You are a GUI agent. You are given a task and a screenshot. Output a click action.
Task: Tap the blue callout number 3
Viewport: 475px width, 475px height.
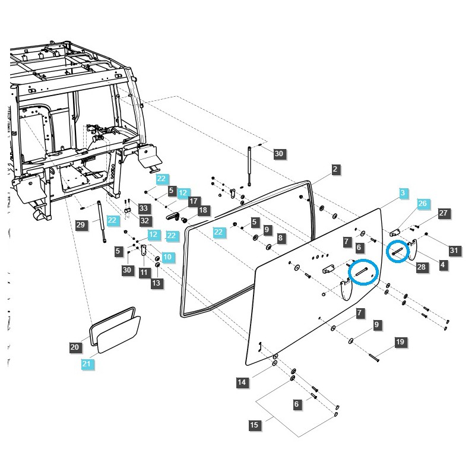(x=403, y=193)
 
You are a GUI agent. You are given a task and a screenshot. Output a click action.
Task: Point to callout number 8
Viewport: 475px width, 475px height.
(x=281, y=238)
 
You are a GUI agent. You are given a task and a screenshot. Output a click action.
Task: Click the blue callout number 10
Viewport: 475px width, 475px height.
(x=167, y=256)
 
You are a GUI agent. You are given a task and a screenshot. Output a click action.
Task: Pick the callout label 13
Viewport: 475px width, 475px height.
(x=156, y=283)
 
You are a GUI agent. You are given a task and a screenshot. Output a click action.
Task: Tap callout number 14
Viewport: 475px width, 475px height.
(x=242, y=383)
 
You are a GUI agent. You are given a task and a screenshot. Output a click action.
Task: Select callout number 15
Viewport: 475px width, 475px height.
(x=254, y=425)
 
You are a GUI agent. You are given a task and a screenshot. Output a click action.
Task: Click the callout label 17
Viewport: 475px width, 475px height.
(x=193, y=201)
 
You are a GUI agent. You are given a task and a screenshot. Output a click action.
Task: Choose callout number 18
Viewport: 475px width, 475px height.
(x=203, y=210)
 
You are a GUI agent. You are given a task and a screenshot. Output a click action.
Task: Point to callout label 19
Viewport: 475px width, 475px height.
(x=400, y=342)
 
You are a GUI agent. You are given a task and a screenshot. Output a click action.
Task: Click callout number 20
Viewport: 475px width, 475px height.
(x=75, y=347)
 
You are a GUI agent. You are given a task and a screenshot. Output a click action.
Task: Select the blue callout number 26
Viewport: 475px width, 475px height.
(x=422, y=204)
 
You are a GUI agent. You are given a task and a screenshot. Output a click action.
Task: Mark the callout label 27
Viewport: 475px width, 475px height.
(x=443, y=213)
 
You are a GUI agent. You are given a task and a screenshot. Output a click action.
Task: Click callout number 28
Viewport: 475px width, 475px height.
(x=422, y=267)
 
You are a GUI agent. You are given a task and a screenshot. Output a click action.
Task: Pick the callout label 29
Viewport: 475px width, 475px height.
(x=81, y=224)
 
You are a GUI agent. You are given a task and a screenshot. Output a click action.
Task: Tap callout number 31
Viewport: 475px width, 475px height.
(x=454, y=251)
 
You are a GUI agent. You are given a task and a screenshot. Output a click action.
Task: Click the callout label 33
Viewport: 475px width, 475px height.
(x=143, y=208)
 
